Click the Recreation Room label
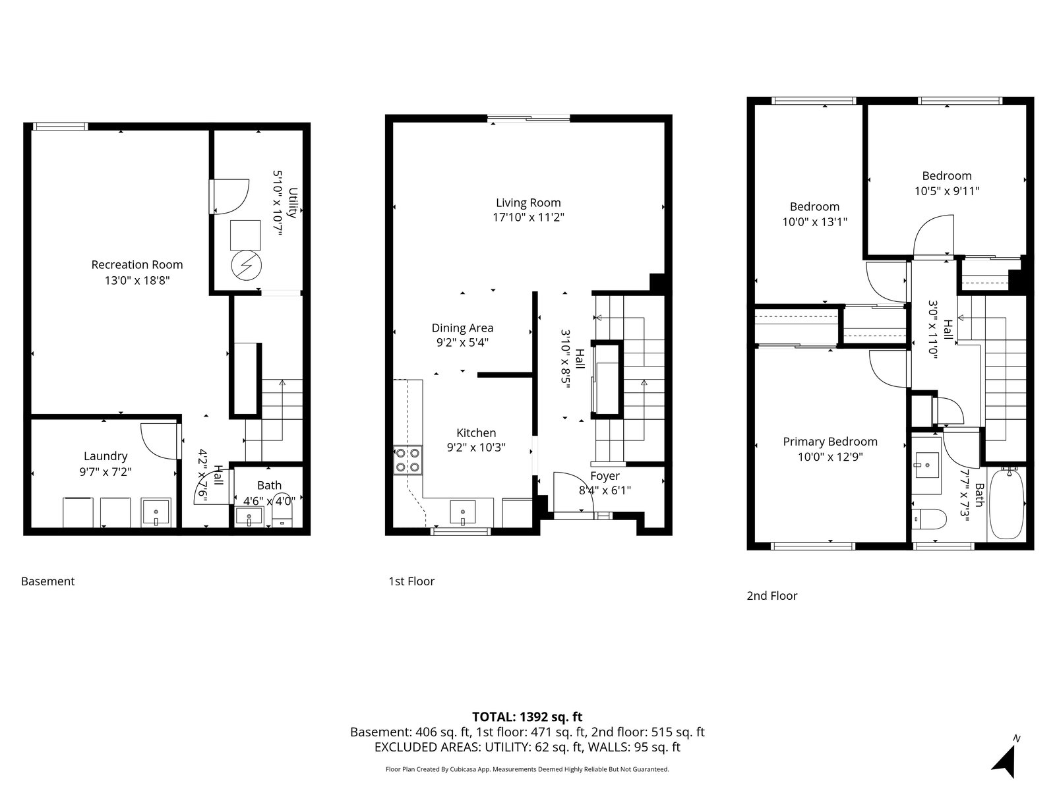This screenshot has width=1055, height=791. [137, 264]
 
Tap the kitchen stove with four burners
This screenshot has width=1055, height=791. [407, 460]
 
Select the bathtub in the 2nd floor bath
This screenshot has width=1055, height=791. [1006, 503]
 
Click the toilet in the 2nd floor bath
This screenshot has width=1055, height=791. [929, 519]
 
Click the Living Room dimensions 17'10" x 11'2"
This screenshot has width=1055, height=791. [528, 218]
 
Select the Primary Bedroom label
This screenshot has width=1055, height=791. [830, 442]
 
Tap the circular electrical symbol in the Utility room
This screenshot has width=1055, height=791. [246, 266]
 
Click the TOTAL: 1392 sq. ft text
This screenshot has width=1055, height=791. [527, 717]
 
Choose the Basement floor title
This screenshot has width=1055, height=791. [47, 581]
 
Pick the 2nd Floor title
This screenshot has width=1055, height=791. [772, 595]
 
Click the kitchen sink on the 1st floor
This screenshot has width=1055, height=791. [462, 512]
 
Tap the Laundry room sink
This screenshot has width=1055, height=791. [156, 512]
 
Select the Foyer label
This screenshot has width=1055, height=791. [605, 476]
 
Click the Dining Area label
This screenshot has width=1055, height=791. [462, 328]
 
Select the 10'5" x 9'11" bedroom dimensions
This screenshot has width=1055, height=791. [946, 191]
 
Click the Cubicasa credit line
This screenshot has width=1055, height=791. [527, 769]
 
